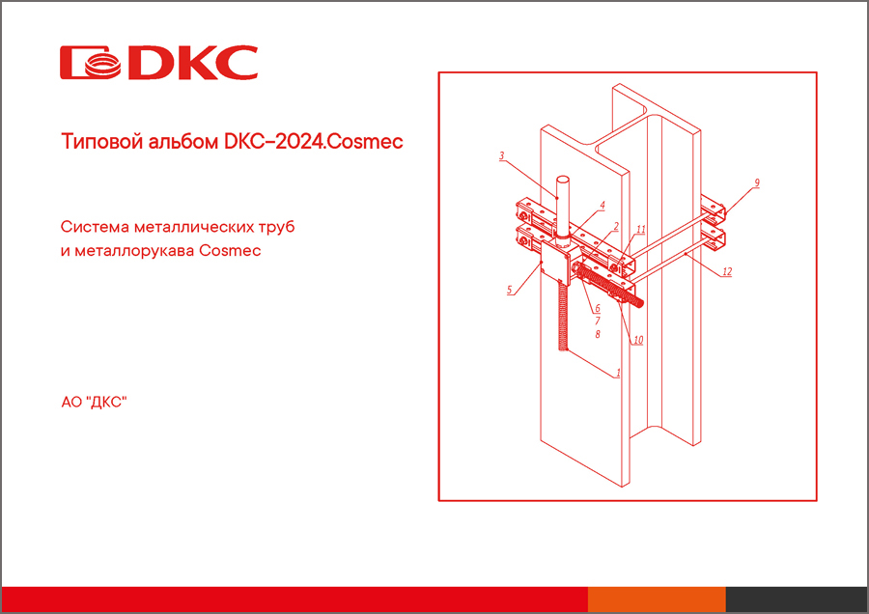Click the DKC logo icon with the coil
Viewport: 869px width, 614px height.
[92, 62]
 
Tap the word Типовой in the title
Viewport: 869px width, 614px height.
[95, 141]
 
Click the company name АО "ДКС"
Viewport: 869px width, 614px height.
[94, 400]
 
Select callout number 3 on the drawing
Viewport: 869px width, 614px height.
[502, 154]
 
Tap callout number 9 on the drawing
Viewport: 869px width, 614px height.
[757, 181]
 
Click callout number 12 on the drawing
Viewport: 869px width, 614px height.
[727, 272]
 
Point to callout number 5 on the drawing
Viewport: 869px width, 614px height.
[509, 289]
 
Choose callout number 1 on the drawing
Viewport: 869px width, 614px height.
[618, 372]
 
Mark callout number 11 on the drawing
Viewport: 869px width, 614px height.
[640, 230]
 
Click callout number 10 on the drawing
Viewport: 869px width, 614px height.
[638, 340]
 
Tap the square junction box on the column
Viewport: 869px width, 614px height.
[553, 258]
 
